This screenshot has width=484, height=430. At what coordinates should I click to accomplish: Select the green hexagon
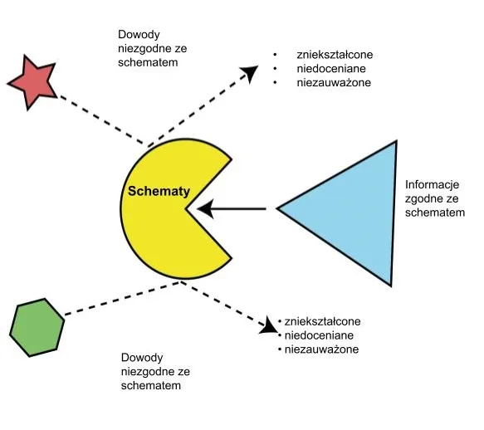click(x=37, y=328)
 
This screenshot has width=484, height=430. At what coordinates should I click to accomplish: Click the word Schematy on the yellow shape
click(x=159, y=191)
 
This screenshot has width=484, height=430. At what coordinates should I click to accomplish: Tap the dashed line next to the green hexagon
click(x=116, y=301)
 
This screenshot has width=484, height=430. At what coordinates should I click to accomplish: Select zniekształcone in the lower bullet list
click(x=323, y=321)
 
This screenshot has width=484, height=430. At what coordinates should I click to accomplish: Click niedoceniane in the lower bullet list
click(x=320, y=335)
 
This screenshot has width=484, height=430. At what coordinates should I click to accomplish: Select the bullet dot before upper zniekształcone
click(x=275, y=55)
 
